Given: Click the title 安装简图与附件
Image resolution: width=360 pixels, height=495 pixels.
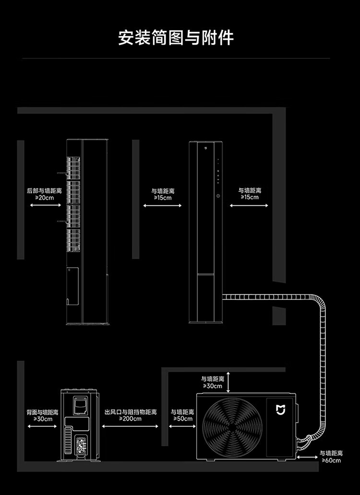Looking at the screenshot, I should pyautogui.click(x=176, y=37).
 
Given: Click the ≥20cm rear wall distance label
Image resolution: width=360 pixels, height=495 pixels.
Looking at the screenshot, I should pyautogui.click(x=44, y=197).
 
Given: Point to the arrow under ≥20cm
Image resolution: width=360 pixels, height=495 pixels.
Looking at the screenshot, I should pyautogui.click(x=44, y=205).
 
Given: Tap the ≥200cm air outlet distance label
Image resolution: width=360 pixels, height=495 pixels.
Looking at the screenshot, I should pyautogui.click(x=131, y=419).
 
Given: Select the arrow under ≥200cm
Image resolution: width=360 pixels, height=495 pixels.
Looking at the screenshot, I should pyautogui.click(x=131, y=426).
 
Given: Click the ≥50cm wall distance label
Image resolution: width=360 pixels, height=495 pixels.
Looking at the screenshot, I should pyautogui.click(x=182, y=419).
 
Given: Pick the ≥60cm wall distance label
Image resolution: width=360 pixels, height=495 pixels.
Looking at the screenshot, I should pyautogui.click(x=331, y=460).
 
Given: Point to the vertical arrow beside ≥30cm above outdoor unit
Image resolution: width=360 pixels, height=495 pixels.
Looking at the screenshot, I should pyautogui.click(x=229, y=382).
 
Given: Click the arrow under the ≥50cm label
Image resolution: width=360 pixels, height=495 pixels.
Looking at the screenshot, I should pyautogui.click(x=182, y=426).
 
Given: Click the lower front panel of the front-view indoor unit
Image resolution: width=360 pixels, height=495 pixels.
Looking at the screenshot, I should pyautogui.click(x=206, y=297).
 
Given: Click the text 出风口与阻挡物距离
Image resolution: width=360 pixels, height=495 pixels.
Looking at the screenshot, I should pyautogui.click(x=131, y=412).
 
